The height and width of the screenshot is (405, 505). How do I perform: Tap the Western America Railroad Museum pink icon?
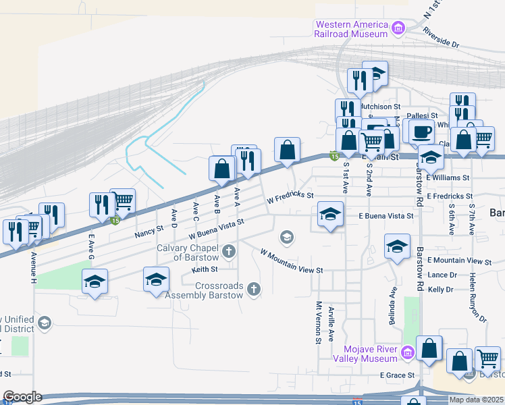(398, 28)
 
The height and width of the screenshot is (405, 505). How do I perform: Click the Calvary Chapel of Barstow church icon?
(229, 252)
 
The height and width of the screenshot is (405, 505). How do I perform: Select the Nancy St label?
(149, 231)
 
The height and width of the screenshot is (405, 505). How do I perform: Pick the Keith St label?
(204, 269)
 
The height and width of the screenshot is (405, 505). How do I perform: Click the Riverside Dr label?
(441, 37)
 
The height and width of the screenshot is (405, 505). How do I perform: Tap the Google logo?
(22, 397)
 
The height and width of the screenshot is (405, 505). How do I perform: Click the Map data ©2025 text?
(476, 400)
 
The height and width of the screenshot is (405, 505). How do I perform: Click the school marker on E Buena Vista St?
(329, 215)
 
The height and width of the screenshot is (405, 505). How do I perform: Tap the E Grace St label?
(396, 375)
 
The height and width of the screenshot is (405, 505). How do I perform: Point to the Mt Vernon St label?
(317, 322)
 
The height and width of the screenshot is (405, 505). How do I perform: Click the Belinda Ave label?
(392, 305)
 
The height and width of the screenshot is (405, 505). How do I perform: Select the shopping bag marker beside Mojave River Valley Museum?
(429, 348)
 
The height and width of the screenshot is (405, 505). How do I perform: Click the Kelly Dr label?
(440, 289)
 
